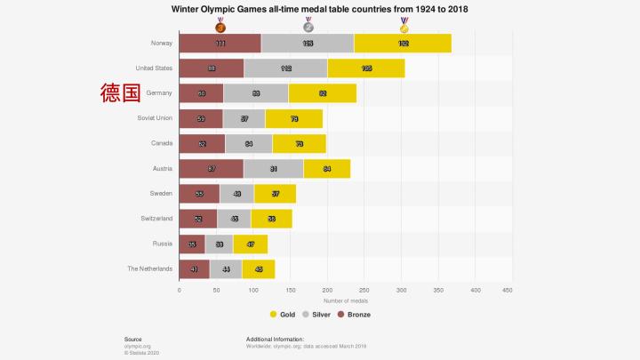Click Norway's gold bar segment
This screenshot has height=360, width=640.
coord(403,43)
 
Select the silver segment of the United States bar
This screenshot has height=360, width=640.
coord(285,68)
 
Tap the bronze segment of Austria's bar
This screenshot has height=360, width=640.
coord(211,168)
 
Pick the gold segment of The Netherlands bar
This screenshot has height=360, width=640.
coord(258,268)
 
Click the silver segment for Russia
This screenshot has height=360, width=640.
coord(219,243)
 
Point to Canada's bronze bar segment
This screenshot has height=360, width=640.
coord(202,143)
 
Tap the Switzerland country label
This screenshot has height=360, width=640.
coord(154,218)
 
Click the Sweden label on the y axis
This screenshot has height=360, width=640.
coord(161,193)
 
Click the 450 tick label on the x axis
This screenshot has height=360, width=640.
coord(508,290)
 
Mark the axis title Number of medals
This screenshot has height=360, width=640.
coord(343,300)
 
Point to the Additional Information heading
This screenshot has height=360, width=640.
coord(275,339)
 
